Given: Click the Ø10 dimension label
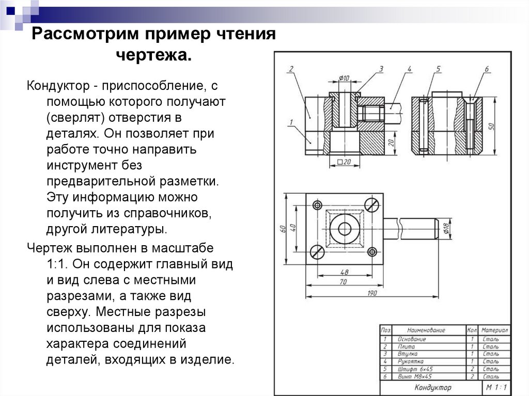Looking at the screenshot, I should coord(344,78).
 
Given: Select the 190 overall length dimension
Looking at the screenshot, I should coord(372,293).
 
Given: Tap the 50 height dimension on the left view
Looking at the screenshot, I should coord(493,125).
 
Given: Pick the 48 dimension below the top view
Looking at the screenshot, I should coord(345,272).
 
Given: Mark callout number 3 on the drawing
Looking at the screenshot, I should coord(381,69).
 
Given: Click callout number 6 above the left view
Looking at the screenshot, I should coord(487,69).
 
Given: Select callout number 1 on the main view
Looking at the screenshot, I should coord(291,122).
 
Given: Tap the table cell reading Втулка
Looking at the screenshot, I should coord(407,354).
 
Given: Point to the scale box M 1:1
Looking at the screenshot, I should coord(496,387).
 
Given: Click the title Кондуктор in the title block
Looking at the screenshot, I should coord(432,387).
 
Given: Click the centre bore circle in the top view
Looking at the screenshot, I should coord(344,229).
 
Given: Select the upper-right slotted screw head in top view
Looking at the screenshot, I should coord(371,204).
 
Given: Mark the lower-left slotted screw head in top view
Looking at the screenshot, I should coord(317,252).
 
